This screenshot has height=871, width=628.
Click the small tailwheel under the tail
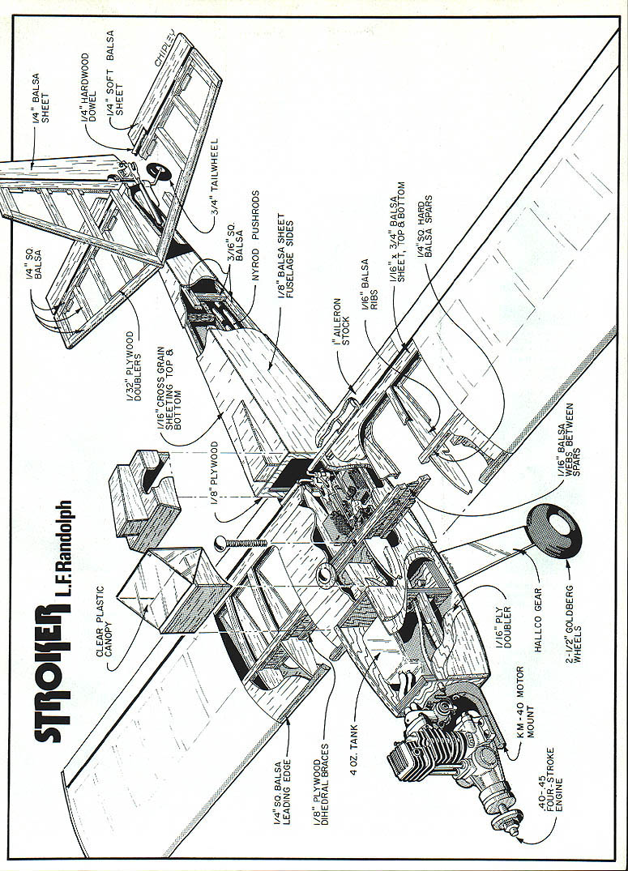(156, 173)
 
